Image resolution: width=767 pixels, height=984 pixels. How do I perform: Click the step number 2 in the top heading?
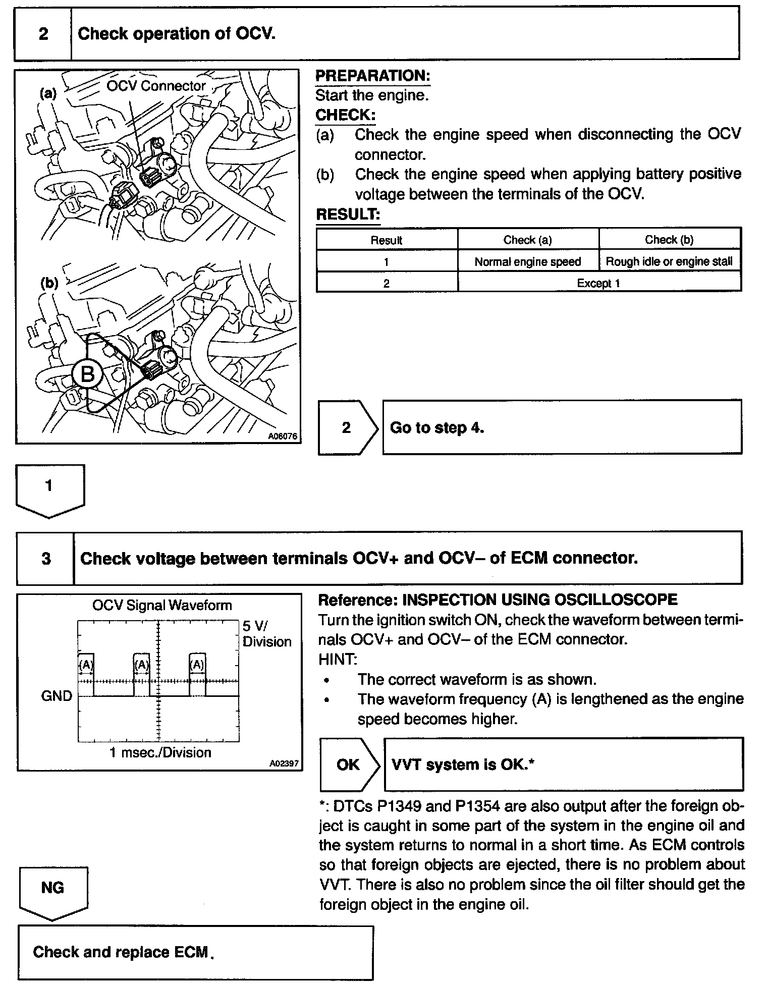(43, 34)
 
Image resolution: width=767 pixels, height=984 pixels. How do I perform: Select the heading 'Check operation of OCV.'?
(177, 34)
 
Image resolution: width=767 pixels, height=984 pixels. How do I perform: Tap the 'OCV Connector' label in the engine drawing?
(156, 86)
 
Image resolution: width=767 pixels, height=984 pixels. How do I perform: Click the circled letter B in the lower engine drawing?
(87, 374)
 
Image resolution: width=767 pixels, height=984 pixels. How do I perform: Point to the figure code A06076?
(283, 436)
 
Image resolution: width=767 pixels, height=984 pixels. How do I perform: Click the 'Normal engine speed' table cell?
(528, 261)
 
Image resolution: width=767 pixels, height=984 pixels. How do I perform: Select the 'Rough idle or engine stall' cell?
(669, 261)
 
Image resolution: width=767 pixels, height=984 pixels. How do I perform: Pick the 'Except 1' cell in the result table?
(598, 283)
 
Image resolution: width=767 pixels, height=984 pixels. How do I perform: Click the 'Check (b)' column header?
(669, 240)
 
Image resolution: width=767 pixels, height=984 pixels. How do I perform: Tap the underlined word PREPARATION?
(372, 76)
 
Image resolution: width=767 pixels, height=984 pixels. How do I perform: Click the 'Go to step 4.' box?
(562, 427)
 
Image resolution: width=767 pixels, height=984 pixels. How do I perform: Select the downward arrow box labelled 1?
(49, 488)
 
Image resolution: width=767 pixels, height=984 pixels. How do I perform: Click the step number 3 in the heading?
(46, 559)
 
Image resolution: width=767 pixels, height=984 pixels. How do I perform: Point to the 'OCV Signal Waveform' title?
(161, 605)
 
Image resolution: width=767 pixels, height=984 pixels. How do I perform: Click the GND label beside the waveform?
(57, 696)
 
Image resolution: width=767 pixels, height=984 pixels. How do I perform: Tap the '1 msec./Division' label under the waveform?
(160, 753)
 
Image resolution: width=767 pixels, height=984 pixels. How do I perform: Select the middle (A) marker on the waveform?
(142, 665)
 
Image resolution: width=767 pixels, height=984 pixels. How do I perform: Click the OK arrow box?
(349, 764)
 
